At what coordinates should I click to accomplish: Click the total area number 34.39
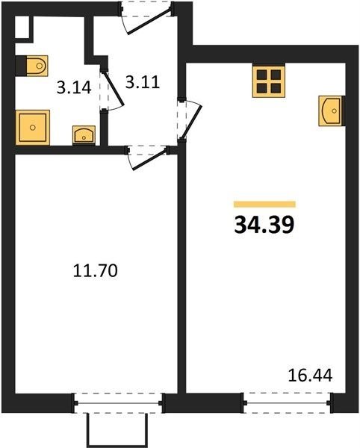click(264, 225)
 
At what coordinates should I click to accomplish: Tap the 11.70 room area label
click(95, 270)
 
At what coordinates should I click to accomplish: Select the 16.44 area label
click(310, 376)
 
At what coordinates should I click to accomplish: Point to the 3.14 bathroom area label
click(74, 87)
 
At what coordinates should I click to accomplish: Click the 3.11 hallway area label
click(143, 83)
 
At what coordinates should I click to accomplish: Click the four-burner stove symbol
click(269, 81)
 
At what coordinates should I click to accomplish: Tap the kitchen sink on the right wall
click(331, 111)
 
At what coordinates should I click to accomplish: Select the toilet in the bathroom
click(37, 66)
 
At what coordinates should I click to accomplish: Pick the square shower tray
click(33, 128)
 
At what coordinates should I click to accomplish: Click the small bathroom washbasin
click(84, 134)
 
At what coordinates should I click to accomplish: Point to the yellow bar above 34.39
click(264, 204)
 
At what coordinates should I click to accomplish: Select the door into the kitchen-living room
click(191, 119)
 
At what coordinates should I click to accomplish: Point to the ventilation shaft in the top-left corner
click(22, 27)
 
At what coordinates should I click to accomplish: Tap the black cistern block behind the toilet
click(21, 66)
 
